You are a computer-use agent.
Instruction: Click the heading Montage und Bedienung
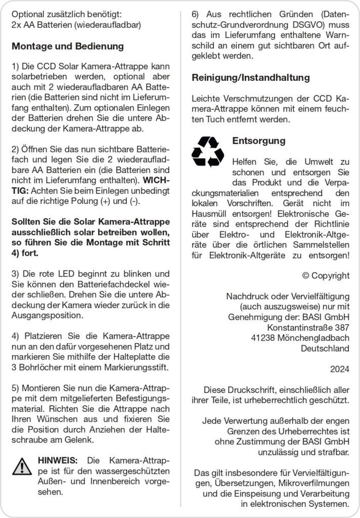pos(67,47)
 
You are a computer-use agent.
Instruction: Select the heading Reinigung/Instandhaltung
pos(250,78)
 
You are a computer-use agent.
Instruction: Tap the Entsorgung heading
pos(258,141)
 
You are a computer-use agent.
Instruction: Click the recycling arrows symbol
pos(207,150)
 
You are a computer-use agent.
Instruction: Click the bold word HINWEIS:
pos(58,460)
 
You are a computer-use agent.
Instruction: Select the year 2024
pos(339,370)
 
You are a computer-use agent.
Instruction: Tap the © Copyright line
pos(325,276)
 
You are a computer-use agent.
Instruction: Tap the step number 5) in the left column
pos(16,388)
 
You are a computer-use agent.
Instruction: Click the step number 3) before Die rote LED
pos(16,274)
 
